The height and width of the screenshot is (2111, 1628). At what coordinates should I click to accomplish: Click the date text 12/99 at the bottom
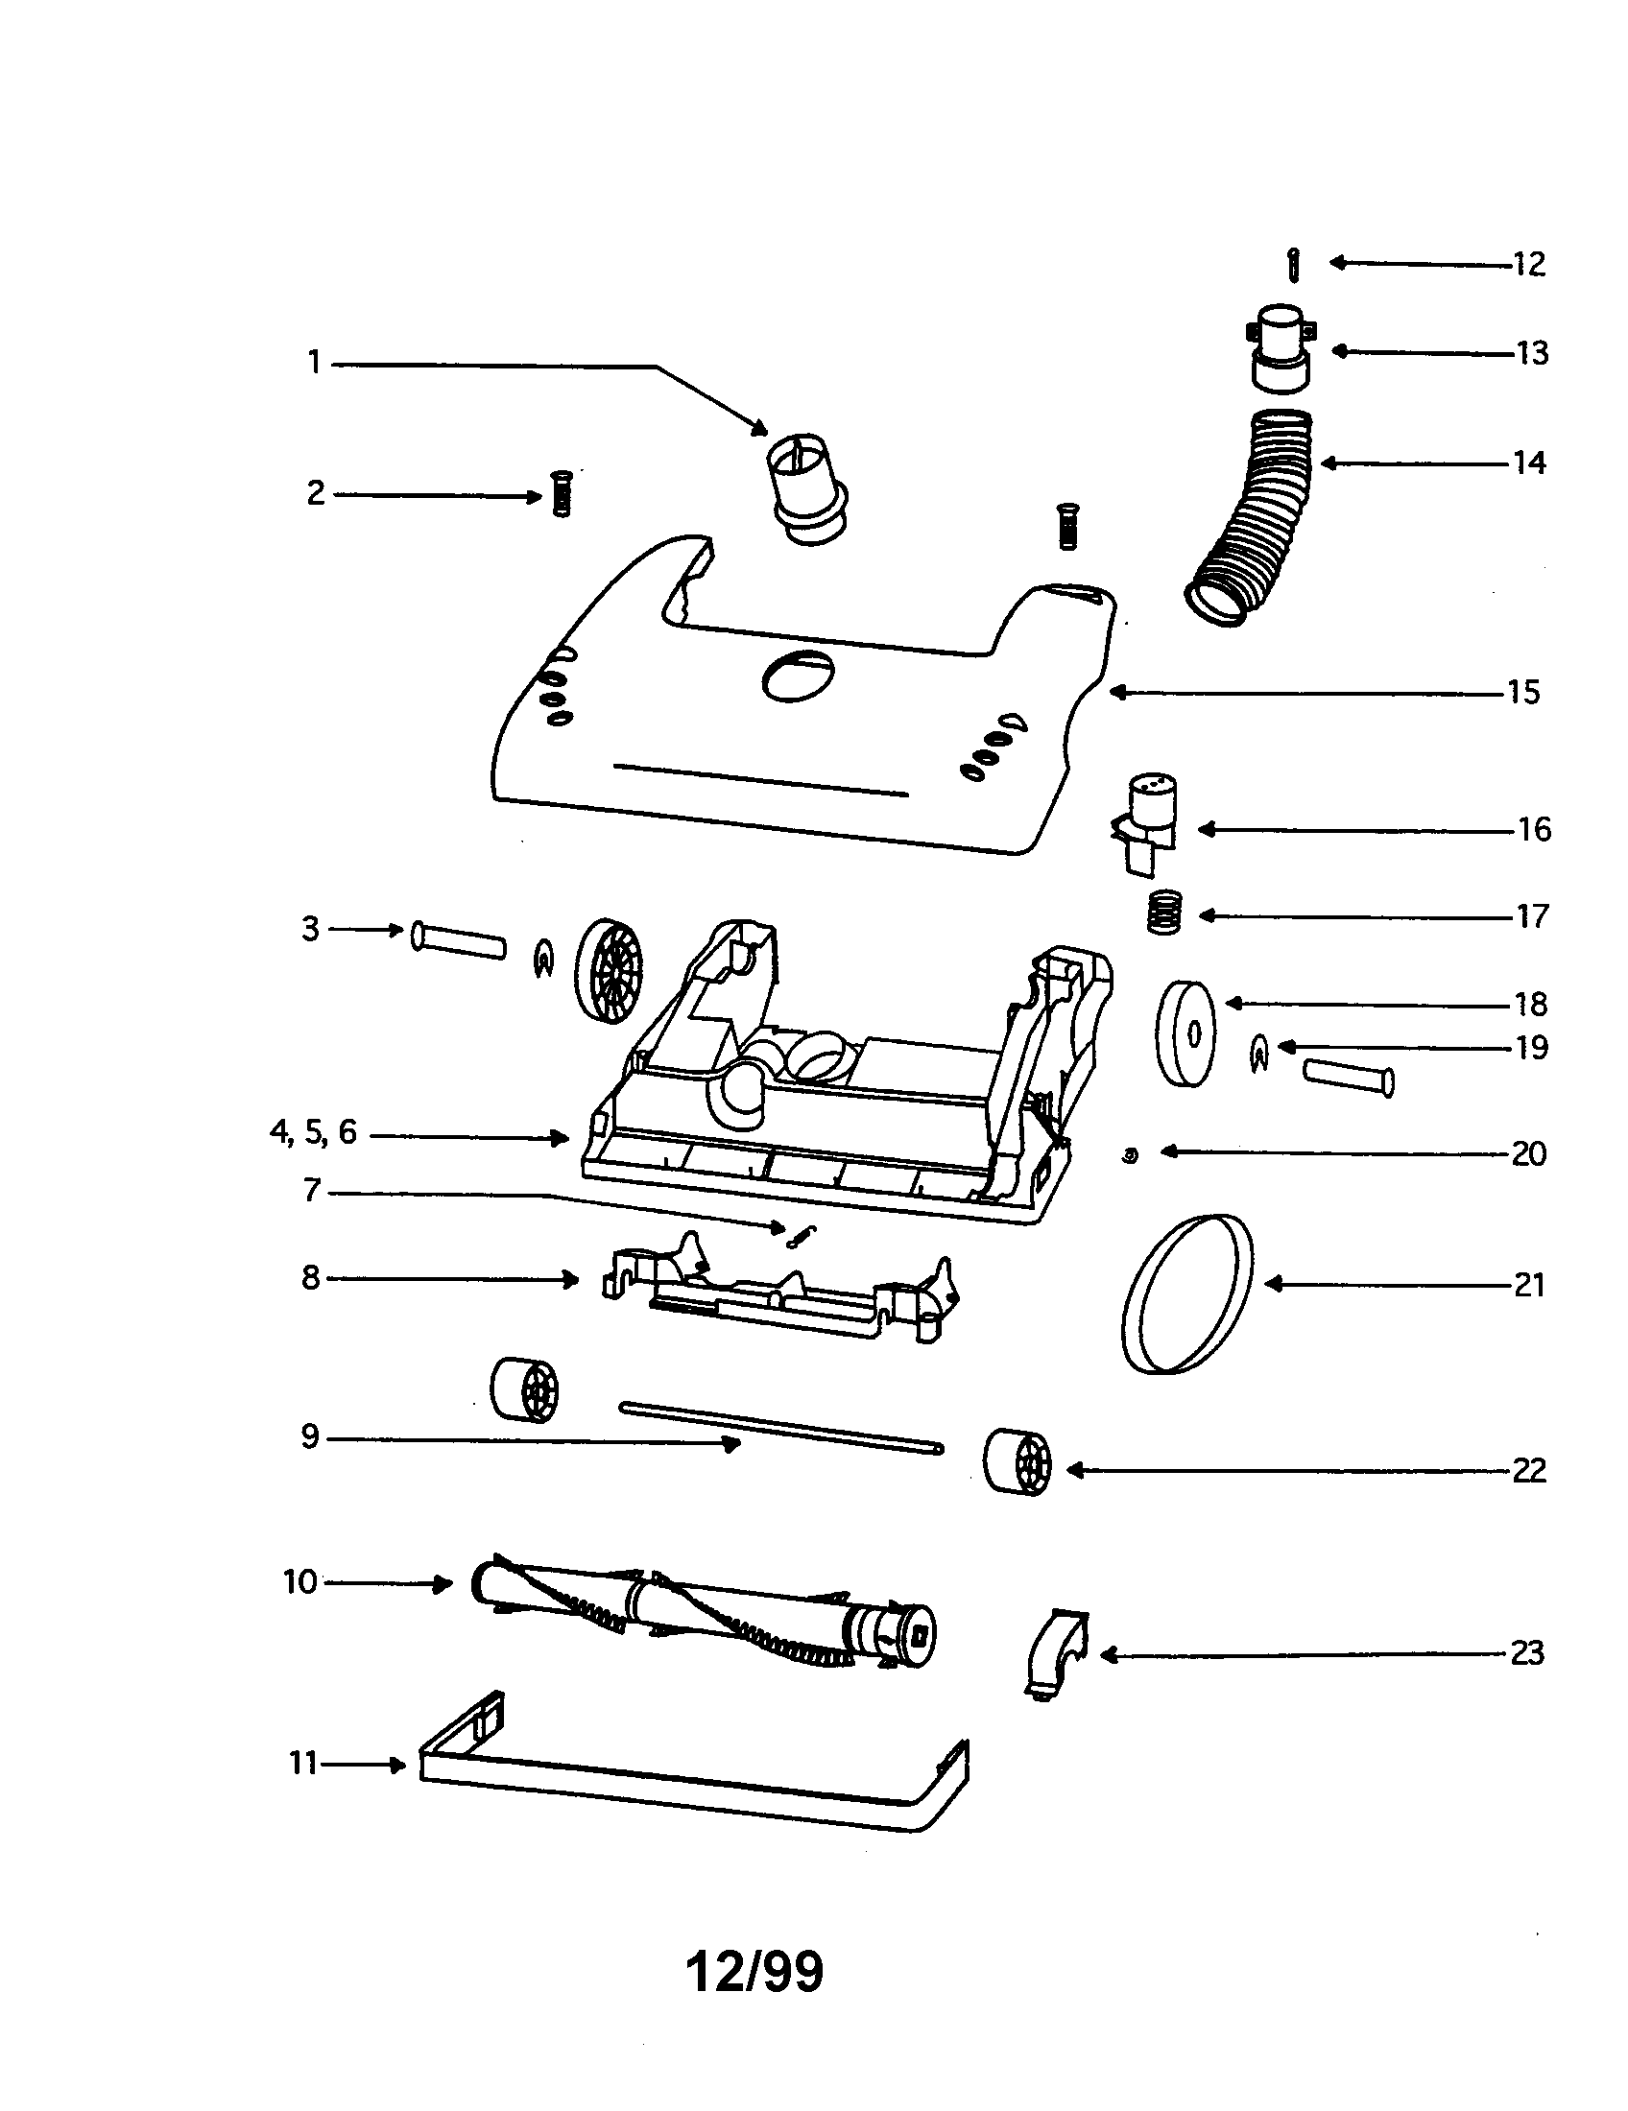(754, 1971)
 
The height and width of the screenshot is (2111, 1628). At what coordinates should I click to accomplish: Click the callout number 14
(1528, 463)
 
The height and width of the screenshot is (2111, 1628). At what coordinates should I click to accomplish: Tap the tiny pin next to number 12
(1295, 265)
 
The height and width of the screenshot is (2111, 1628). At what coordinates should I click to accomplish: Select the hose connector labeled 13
(1281, 349)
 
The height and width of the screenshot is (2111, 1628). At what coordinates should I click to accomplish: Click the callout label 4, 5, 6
(313, 1132)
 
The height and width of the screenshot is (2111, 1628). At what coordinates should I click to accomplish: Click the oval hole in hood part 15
(798, 675)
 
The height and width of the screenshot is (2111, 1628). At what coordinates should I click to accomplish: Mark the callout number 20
(1528, 1154)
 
